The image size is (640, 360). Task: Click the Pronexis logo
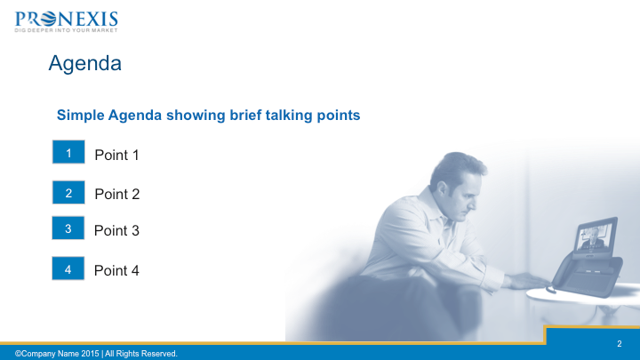tap(66, 21)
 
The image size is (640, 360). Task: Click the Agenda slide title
tap(85, 63)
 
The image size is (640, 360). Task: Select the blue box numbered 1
tap(68, 152)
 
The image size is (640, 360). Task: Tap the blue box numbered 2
tap(68, 192)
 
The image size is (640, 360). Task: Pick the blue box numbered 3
tap(68, 228)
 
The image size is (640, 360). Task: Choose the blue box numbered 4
tap(68, 268)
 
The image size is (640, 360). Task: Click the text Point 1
tap(116, 155)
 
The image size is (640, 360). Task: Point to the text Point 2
tap(117, 195)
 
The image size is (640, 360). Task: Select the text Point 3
tap(116, 230)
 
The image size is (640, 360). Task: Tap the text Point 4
tap(116, 270)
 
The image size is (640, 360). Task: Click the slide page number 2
tap(620, 344)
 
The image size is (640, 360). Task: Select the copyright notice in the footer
tap(96, 354)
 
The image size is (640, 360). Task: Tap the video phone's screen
tap(595, 236)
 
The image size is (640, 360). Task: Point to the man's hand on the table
tap(526, 282)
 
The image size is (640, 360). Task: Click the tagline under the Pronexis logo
tap(66, 30)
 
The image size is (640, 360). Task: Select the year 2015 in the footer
tap(90, 354)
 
